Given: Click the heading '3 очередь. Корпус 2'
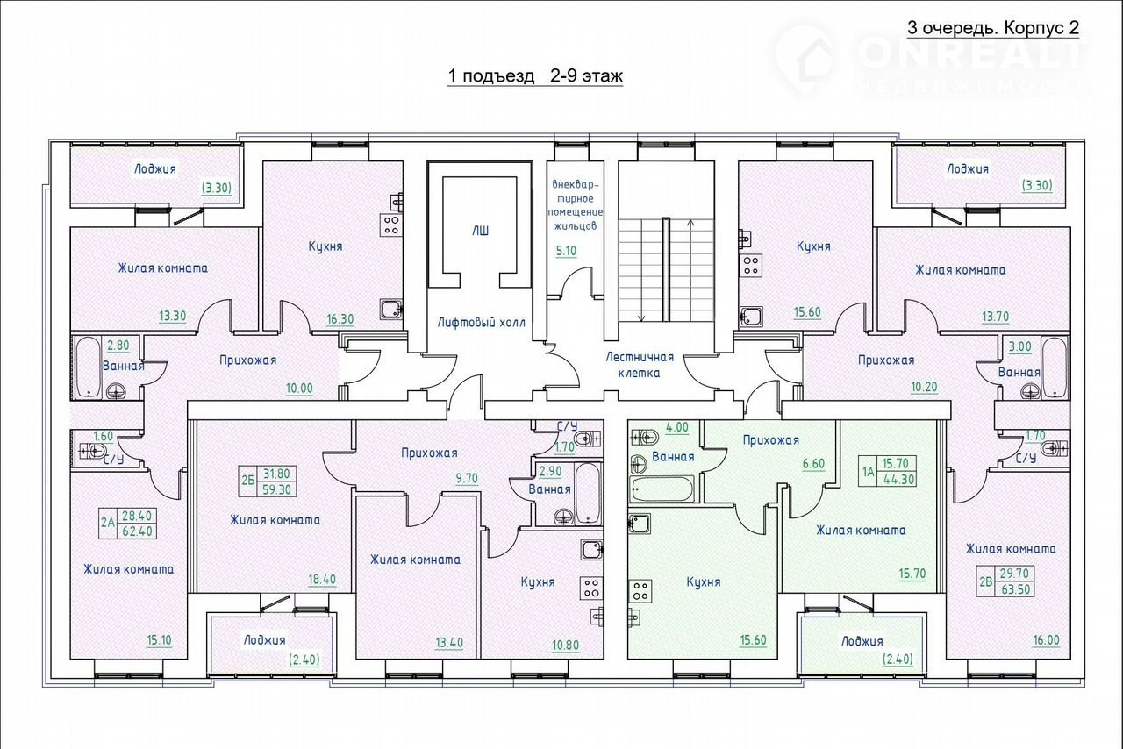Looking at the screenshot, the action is pyautogui.click(x=993, y=28).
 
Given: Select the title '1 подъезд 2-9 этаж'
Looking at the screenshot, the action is pyautogui.click(x=535, y=76).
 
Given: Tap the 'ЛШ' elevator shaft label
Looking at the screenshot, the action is pyautogui.click(x=480, y=232).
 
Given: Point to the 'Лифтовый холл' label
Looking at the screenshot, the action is pyautogui.click(x=482, y=323).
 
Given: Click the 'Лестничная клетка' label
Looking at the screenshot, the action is pyautogui.click(x=640, y=365).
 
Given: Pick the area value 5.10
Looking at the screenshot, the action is pyautogui.click(x=566, y=251).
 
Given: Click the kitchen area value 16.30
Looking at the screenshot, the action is pyautogui.click(x=340, y=319).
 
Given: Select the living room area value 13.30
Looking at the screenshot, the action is pyautogui.click(x=173, y=317).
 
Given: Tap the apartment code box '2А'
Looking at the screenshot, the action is pyautogui.click(x=108, y=523).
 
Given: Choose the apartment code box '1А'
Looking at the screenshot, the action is pyautogui.click(x=868, y=472).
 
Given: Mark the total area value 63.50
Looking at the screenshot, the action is pyautogui.click(x=1016, y=589).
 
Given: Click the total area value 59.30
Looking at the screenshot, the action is pyautogui.click(x=276, y=489).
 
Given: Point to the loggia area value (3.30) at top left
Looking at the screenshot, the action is pyautogui.click(x=217, y=188).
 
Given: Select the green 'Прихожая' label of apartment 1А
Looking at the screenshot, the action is pyautogui.click(x=771, y=440).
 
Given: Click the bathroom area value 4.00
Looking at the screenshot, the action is pyautogui.click(x=676, y=428).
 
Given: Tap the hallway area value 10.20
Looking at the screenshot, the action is pyautogui.click(x=924, y=387).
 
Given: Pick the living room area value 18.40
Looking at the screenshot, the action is pyautogui.click(x=322, y=580).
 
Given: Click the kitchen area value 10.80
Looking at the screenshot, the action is pyautogui.click(x=566, y=646).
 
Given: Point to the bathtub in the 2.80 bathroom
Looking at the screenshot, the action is pyautogui.click(x=89, y=367).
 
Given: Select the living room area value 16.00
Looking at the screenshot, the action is pyautogui.click(x=1047, y=640).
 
